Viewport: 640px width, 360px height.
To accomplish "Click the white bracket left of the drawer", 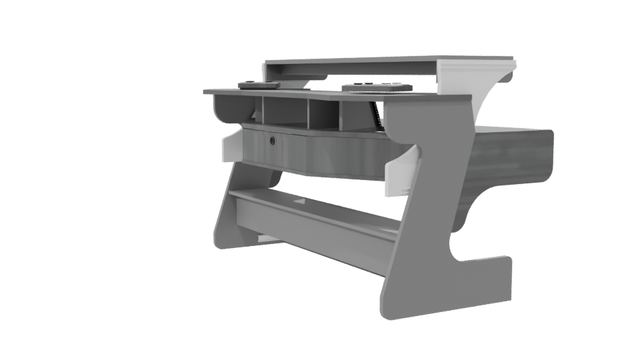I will (229, 149).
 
